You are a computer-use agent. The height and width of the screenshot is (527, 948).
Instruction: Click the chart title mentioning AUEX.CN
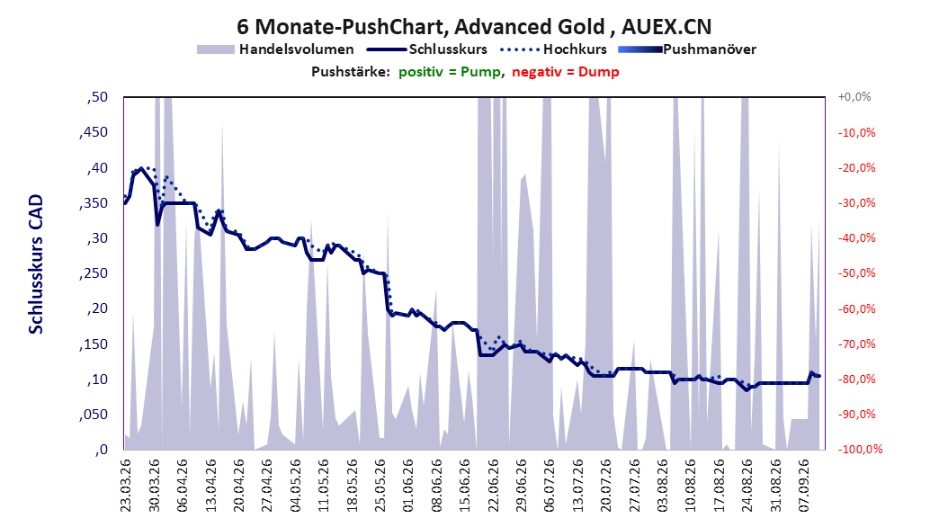click(x=474, y=27)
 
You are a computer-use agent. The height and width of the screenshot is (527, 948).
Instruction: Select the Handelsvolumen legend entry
click(x=275, y=49)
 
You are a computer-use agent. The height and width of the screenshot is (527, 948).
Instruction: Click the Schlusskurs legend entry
click(x=427, y=49)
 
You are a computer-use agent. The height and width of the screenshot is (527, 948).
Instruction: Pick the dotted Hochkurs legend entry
click(x=553, y=49)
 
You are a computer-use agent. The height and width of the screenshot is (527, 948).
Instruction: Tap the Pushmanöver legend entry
click(x=687, y=49)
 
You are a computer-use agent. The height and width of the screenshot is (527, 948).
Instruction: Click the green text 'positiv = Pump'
click(x=450, y=72)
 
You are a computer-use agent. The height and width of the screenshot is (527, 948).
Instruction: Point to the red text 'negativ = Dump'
click(x=566, y=72)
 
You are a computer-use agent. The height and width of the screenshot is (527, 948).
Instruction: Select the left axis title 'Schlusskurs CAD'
click(x=36, y=263)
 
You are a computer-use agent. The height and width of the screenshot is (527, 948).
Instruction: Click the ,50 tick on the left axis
click(x=97, y=97)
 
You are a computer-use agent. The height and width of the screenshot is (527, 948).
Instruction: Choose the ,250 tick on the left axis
click(x=94, y=273)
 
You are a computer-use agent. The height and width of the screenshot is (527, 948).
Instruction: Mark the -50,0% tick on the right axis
click(x=856, y=273)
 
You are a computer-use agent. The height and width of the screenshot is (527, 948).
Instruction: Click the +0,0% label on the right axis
click(x=854, y=97)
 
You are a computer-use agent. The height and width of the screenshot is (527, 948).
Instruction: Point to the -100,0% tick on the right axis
click(x=860, y=449)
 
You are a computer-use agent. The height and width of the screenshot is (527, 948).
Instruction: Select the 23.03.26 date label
click(x=126, y=486)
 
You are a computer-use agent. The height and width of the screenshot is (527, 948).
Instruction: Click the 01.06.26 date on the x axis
click(x=408, y=486)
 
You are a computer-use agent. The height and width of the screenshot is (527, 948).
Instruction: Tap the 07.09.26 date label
click(x=804, y=486)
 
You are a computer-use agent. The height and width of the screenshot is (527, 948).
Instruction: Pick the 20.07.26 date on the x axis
click(x=606, y=486)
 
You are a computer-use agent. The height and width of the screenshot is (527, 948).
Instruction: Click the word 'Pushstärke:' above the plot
click(x=351, y=72)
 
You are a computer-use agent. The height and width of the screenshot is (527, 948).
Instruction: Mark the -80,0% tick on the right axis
click(x=856, y=379)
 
